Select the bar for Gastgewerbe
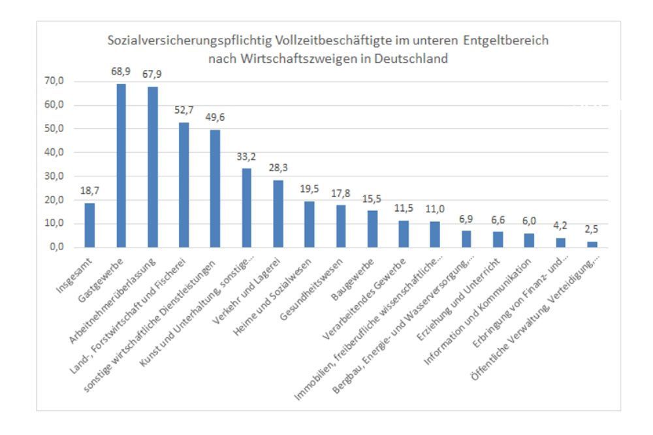pyautogui.click(x=121, y=166)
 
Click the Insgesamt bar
pyautogui.click(x=89, y=225)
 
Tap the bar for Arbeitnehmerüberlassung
pyautogui.click(x=152, y=167)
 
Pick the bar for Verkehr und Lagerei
pyautogui.click(x=278, y=214)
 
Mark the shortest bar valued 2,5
pyautogui.click(x=592, y=244)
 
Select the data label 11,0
pyautogui.click(x=435, y=208)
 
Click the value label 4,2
pyautogui.click(x=560, y=225)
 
